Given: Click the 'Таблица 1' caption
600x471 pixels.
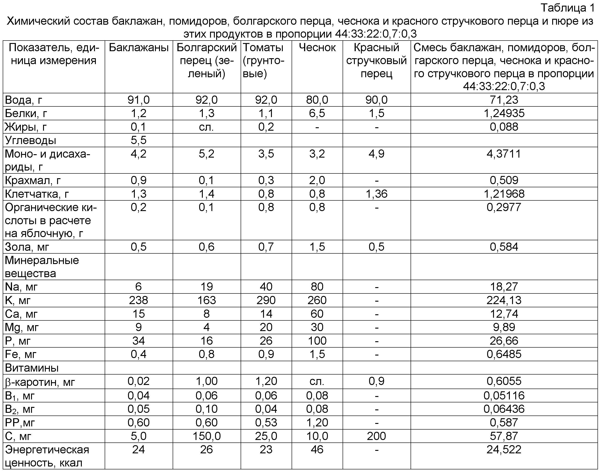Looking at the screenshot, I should pos(568,8).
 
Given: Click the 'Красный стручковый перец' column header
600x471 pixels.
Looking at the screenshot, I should pos(376,61).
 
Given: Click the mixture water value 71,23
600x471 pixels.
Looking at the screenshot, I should pos(504,100).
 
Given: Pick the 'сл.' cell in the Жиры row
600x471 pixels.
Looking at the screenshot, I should pos(206,127).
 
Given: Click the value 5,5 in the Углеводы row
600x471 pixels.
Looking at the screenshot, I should pos(138,140).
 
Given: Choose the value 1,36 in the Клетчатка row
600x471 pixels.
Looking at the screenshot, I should pos(376,194).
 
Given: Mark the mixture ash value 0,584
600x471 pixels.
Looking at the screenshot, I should pos(504,247).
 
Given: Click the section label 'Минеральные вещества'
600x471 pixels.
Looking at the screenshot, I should pos(42,267).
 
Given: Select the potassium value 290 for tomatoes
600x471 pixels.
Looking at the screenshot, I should pos(266,300).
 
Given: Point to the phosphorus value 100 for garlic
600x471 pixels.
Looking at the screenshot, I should pos(317,341).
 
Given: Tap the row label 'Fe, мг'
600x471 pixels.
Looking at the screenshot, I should pos(21,354).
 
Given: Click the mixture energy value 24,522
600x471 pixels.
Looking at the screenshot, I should pos(504,450).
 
